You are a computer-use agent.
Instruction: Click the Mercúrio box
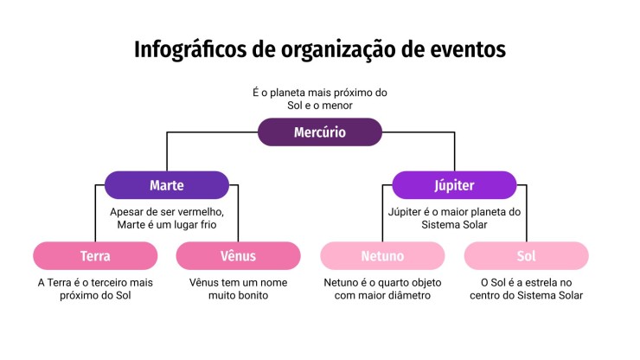(320, 132)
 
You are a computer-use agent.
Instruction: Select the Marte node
(166, 185)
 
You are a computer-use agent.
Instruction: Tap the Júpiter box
(454, 185)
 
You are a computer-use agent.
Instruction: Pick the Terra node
(95, 256)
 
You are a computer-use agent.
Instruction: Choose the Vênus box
(238, 256)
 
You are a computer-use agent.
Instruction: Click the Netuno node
(382, 256)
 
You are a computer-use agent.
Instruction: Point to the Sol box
(526, 256)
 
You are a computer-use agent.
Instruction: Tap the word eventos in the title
(464, 49)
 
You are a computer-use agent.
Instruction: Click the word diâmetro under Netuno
(406, 295)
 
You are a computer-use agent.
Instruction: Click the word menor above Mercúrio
(336, 105)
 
